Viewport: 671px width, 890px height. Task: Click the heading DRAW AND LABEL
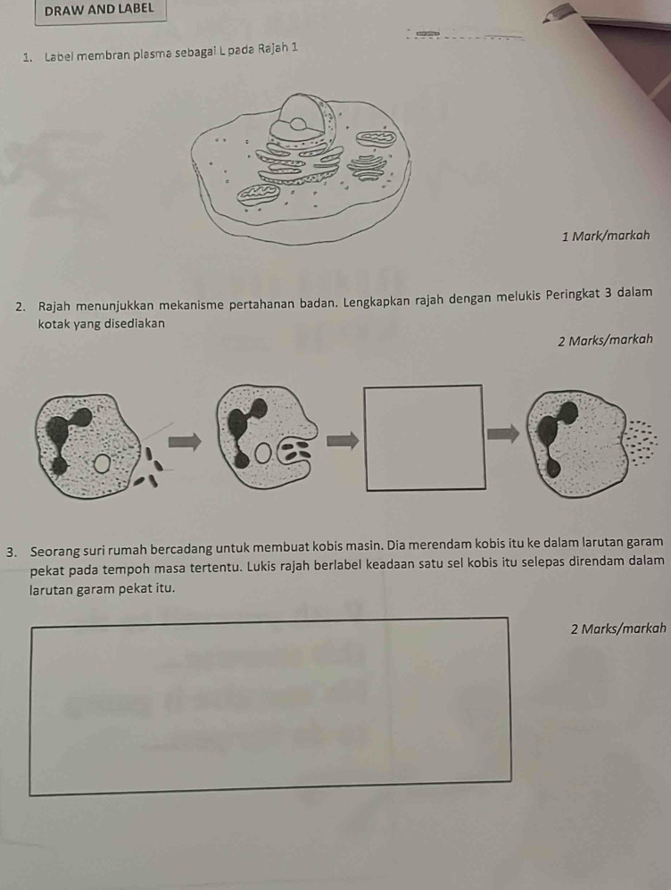(x=99, y=9)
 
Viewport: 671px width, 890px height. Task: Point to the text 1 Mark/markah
(x=605, y=237)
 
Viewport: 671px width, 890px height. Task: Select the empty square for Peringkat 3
(x=426, y=437)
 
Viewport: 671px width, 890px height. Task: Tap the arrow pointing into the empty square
(x=344, y=439)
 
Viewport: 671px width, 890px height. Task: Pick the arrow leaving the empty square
(x=503, y=434)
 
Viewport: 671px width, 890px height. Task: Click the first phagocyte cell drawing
(x=88, y=445)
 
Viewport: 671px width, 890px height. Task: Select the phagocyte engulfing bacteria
(x=265, y=436)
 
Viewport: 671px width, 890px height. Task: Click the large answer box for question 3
(x=270, y=706)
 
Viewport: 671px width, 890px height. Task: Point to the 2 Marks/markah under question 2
(x=605, y=341)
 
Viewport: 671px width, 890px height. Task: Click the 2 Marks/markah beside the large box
(x=618, y=629)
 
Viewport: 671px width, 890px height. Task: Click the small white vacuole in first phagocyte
(x=102, y=463)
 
